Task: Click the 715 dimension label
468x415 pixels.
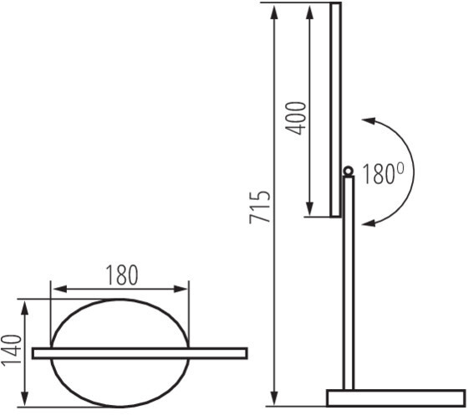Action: [260, 207]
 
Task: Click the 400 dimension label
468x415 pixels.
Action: [296, 118]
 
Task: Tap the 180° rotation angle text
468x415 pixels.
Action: [384, 174]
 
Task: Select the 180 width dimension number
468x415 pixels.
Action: [122, 275]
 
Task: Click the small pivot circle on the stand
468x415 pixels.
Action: [348, 172]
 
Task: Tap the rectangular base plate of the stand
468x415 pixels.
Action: [396, 398]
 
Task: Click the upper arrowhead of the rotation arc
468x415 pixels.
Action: [369, 121]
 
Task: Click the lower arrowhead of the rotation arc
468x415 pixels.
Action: [369, 223]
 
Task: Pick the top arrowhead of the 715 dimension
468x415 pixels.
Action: [274, 12]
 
